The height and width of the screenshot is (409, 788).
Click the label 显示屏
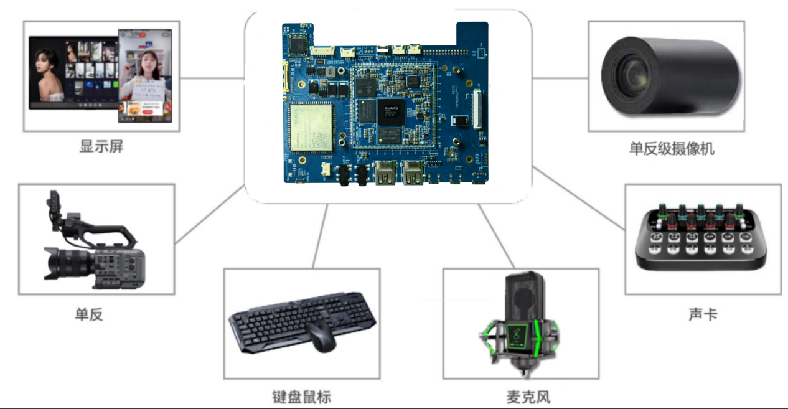click(x=101, y=148)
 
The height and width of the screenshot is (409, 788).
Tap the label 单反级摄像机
click(x=671, y=149)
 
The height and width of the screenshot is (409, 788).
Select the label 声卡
click(x=703, y=314)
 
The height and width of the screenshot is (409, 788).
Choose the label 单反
click(x=88, y=314)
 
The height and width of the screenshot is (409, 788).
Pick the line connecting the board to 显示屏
click(x=212, y=78)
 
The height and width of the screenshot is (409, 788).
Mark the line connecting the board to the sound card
click(x=579, y=199)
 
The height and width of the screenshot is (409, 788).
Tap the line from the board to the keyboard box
click(x=320, y=237)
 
